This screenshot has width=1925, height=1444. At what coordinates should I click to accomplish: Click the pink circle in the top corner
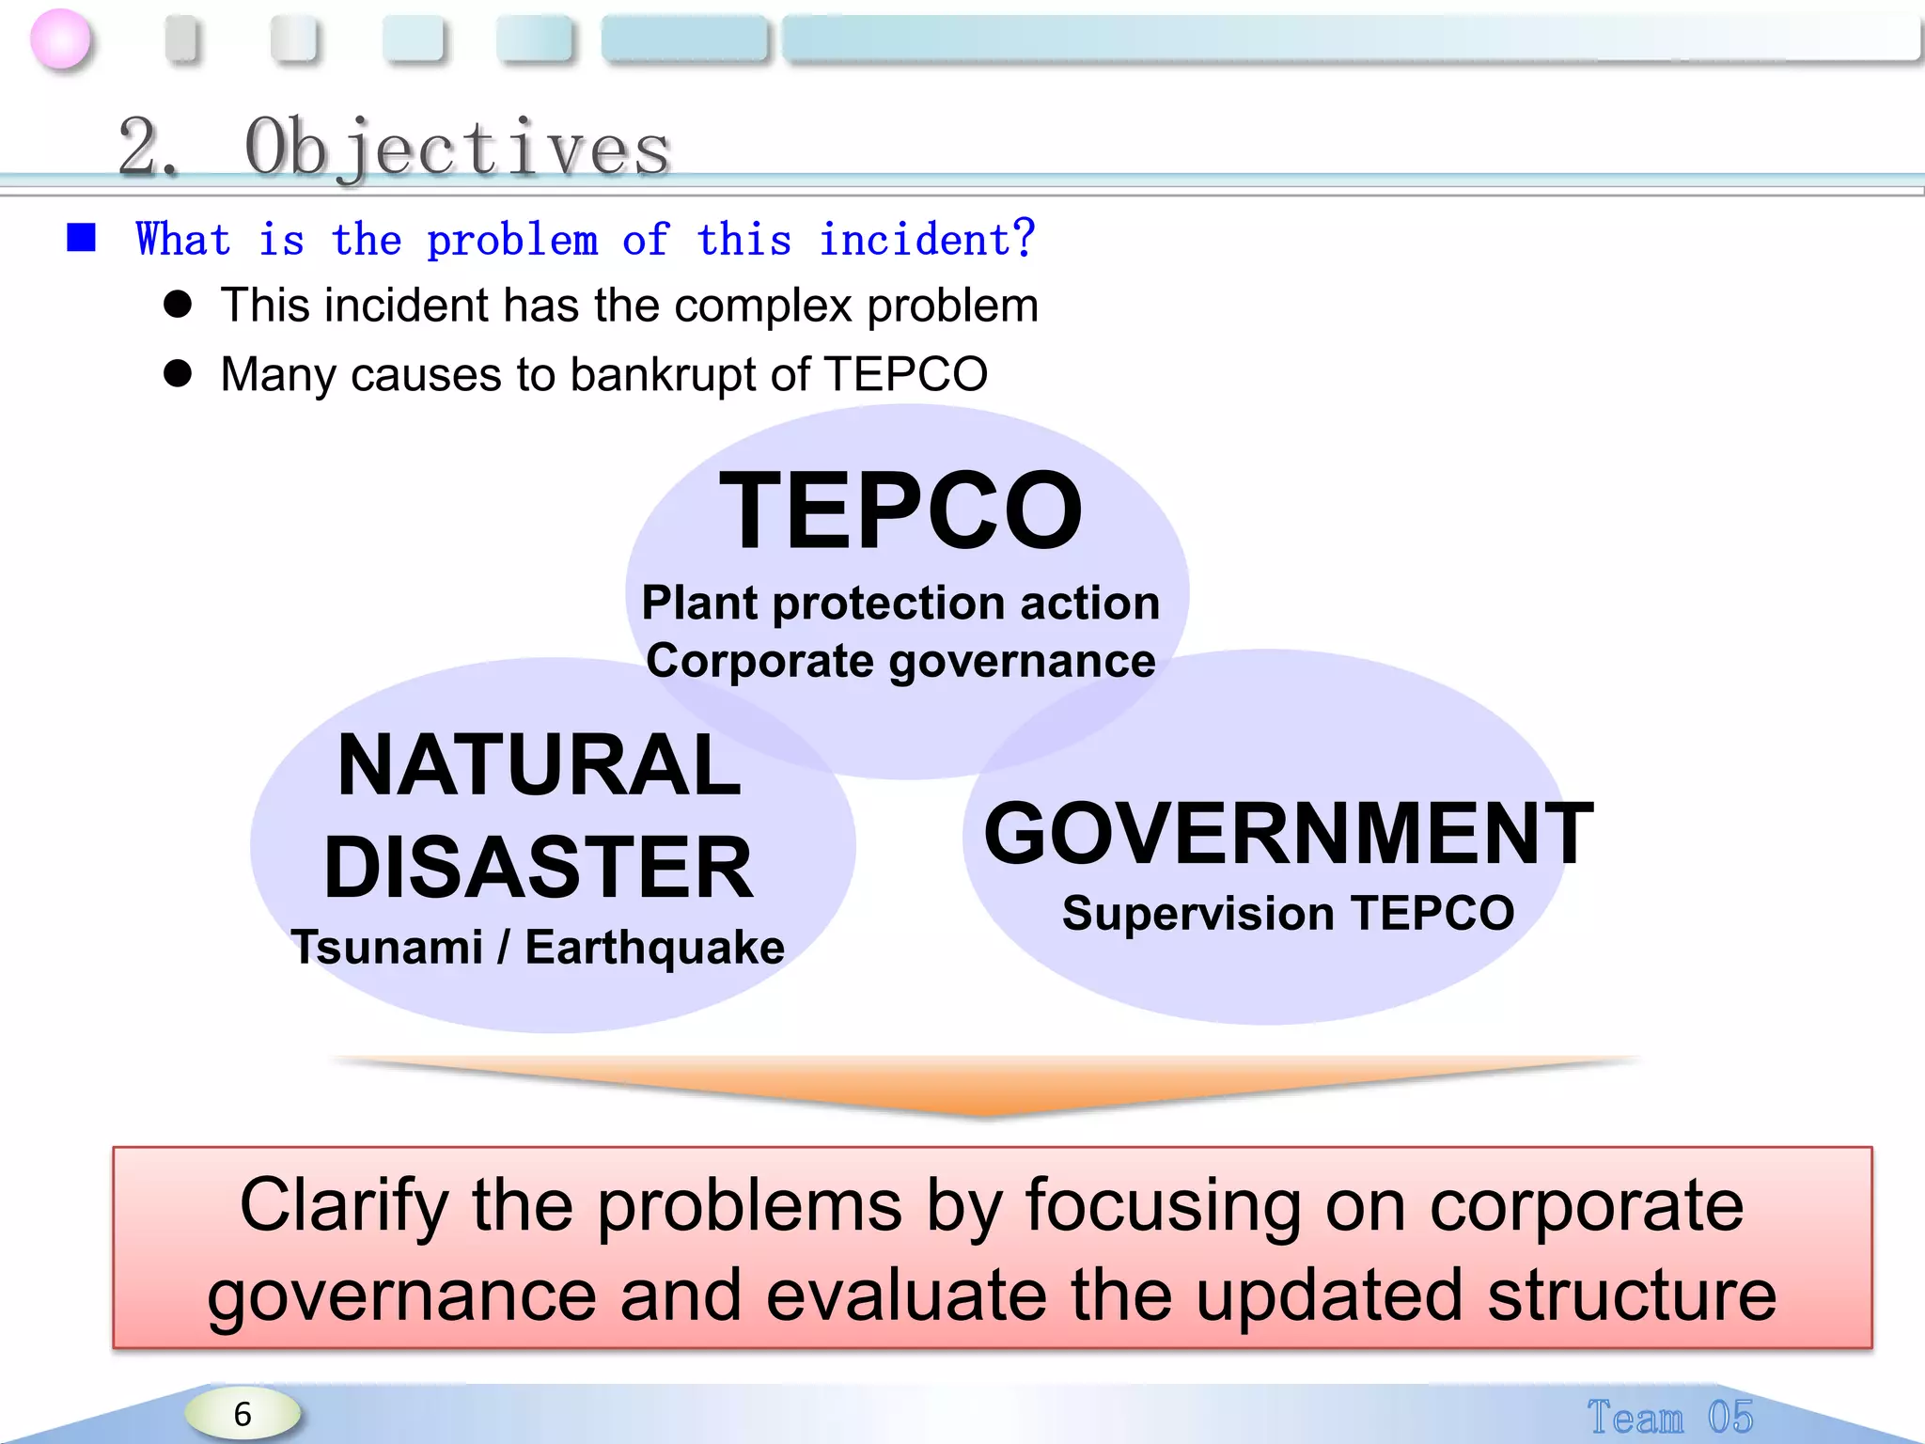[61, 39]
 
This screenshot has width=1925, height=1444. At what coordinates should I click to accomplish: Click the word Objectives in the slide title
[457, 148]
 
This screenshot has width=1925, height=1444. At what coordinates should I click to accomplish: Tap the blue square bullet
[82, 238]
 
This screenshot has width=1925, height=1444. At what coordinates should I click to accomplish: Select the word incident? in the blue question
[926, 239]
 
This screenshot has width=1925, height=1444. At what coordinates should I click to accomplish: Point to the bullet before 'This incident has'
[177, 305]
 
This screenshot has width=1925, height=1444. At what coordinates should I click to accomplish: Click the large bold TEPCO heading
[900, 511]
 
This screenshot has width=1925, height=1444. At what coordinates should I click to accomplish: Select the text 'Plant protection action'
[900, 603]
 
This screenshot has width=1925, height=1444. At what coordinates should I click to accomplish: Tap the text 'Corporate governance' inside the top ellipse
[900, 661]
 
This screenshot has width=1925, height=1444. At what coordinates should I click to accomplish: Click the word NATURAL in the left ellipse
[539, 765]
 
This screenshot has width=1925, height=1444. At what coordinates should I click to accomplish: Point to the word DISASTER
[539, 867]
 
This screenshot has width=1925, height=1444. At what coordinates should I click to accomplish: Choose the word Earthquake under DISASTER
[654, 948]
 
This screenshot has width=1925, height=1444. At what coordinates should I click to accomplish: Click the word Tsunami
[387, 947]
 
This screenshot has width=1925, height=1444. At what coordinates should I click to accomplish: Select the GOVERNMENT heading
[1289, 834]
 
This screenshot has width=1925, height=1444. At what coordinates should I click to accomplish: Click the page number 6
[243, 1414]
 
